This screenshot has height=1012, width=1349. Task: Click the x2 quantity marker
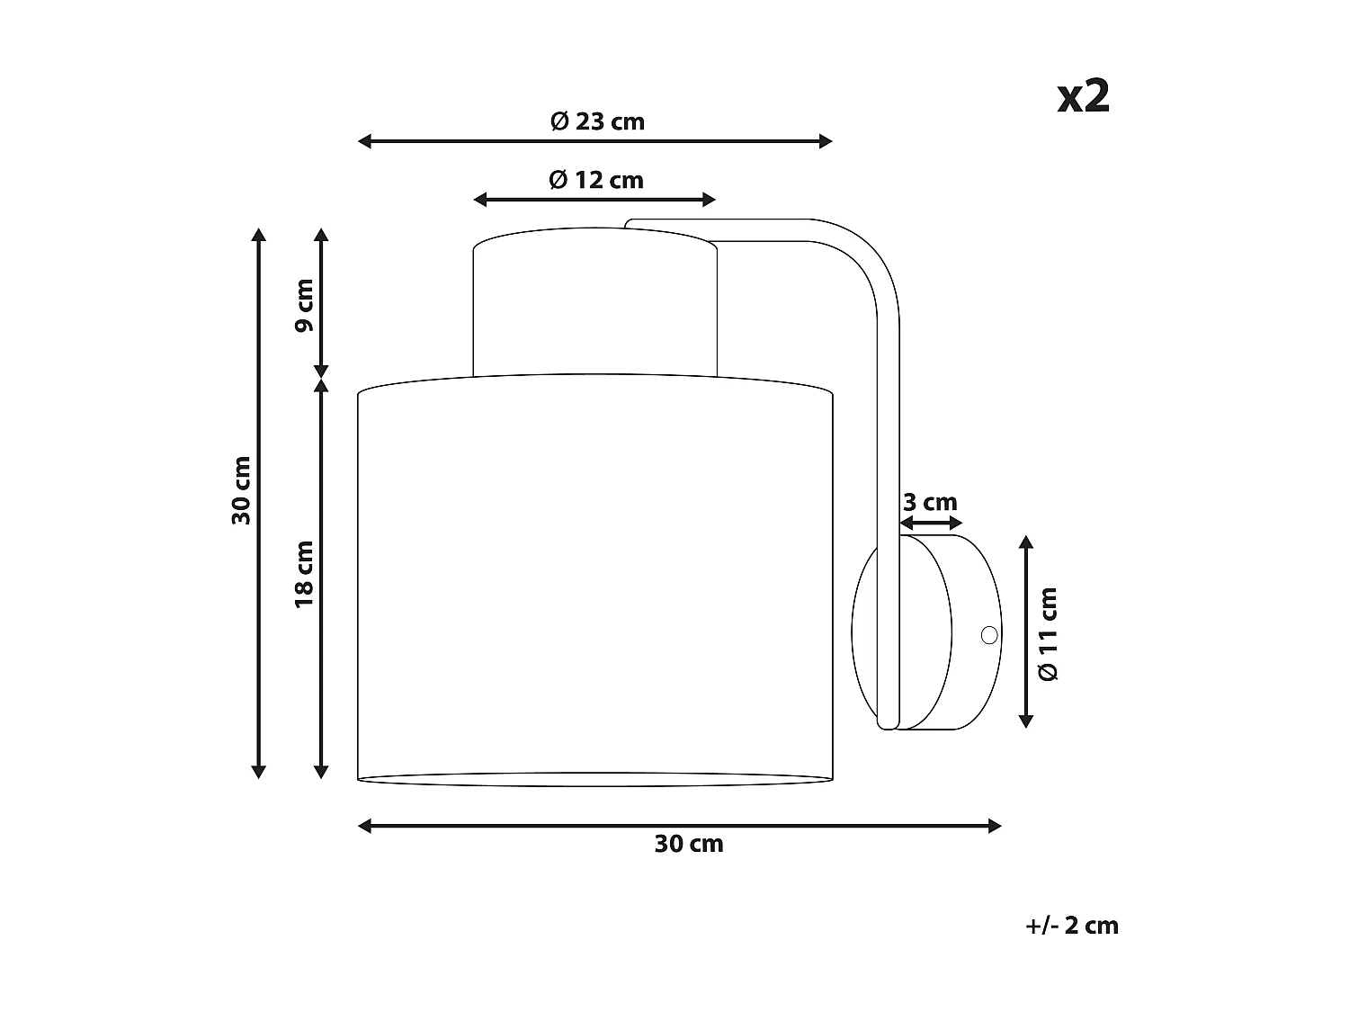coord(1084,97)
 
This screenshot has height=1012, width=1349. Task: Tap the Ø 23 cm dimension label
coord(597,121)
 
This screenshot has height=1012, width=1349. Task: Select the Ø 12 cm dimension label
coord(596,180)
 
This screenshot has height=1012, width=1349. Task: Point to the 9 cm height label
coord(304,305)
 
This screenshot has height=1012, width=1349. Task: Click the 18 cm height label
coord(304,575)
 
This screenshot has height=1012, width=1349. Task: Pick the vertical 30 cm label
coord(242,490)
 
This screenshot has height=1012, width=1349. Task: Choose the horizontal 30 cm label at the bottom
coord(689,844)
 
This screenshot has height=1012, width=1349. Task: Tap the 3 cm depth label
coord(930,502)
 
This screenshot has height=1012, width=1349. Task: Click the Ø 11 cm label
coord(1048,634)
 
